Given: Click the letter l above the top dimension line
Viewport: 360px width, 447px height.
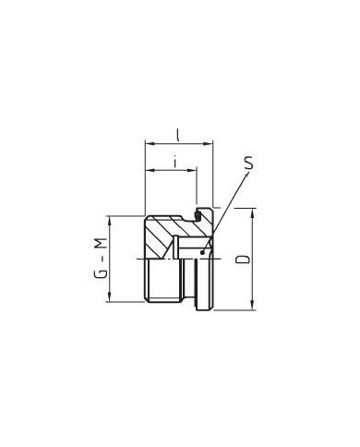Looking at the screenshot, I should coord(178,133).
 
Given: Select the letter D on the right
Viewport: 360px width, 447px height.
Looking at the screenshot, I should coord(242,261).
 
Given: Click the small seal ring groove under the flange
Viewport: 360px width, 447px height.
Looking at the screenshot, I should coord(198,216).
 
